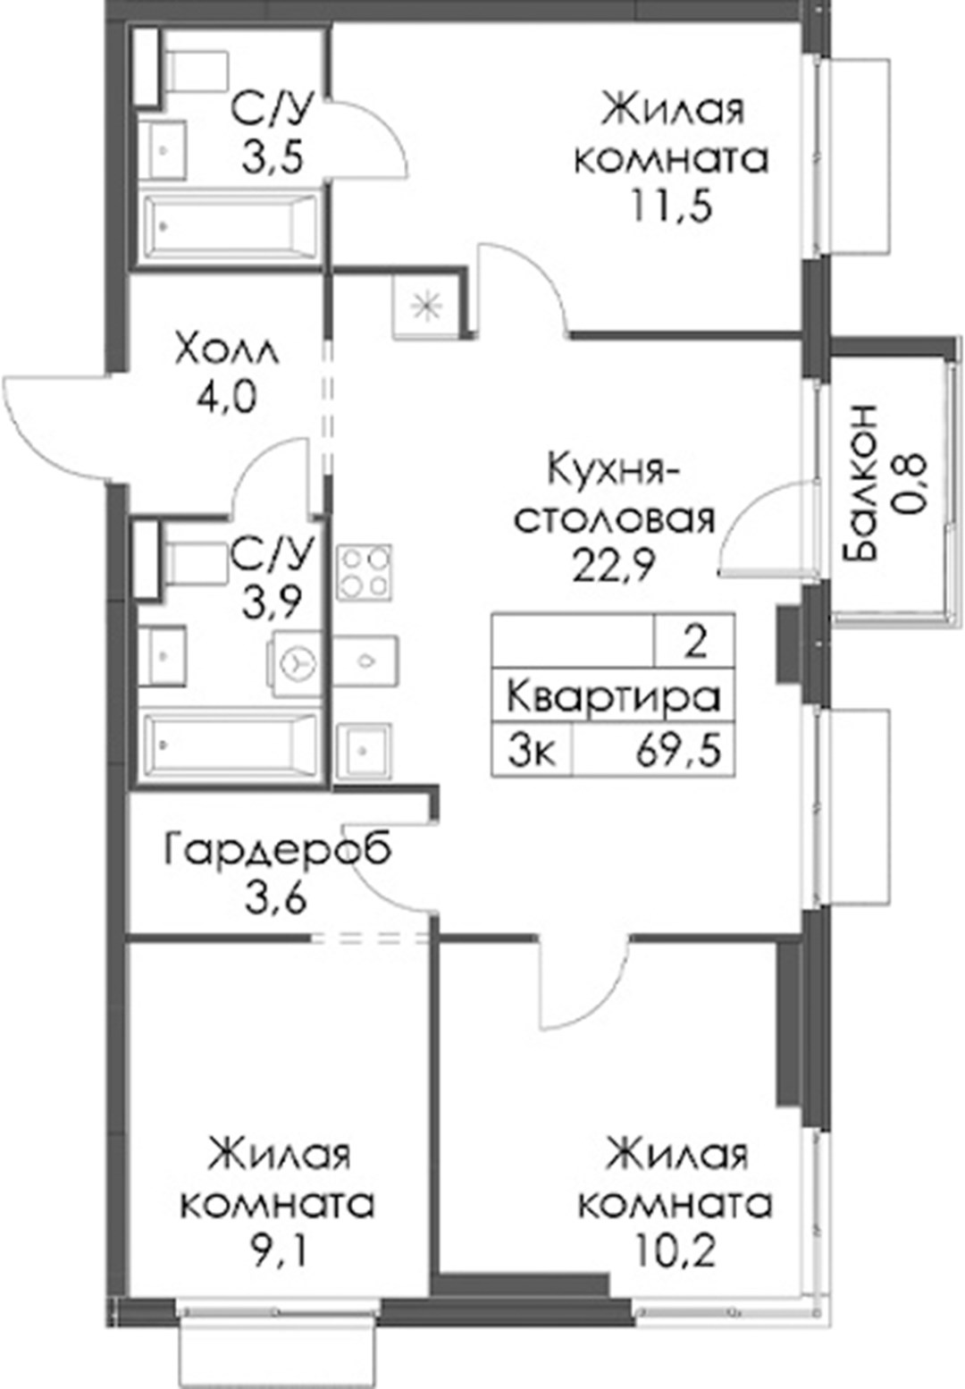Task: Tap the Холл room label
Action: point(228,351)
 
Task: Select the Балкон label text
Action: point(860,483)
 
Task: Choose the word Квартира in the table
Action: point(614,698)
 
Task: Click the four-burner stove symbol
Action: point(365,572)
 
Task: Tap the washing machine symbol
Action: point(294,663)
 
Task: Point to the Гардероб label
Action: point(278,852)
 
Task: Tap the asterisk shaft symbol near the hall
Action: point(425,307)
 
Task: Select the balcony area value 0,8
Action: point(910,483)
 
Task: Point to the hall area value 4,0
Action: point(225,398)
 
